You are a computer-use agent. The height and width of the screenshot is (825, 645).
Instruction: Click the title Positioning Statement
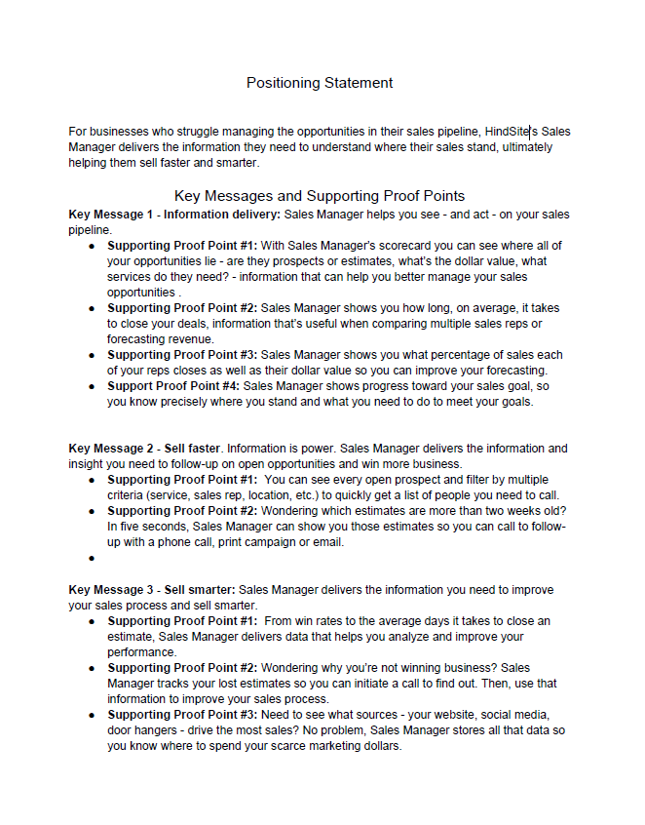(x=320, y=83)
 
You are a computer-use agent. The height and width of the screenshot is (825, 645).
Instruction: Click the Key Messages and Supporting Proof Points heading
(x=319, y=196)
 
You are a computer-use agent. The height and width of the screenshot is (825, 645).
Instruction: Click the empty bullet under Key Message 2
(x=91, y=559)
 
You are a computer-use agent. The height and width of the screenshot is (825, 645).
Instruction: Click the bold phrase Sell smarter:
(x=200, y=590)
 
